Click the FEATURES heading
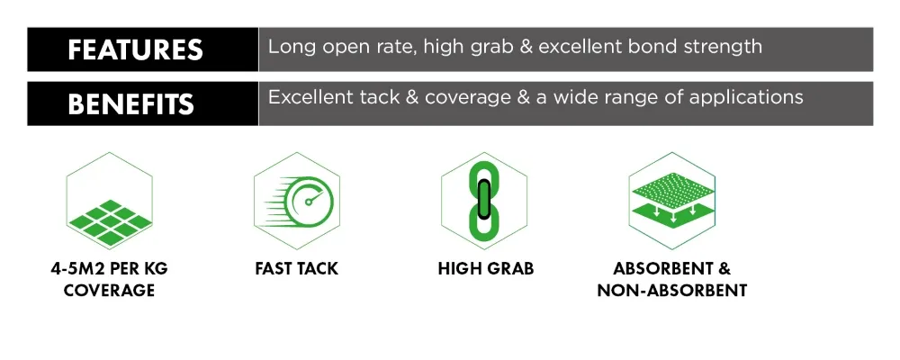coord(136,50)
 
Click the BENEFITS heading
coord(130,104)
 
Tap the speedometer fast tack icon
coord(298,201)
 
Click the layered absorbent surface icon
coord(671,201)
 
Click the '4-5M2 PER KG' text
coord(109,269)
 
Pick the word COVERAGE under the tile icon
coord(109,290)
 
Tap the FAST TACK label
coord(297,269)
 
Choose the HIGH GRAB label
coord(486,269)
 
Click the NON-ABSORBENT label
coord(672,290)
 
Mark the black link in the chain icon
coord(484,200)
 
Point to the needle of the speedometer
coord(313,198)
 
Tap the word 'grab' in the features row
coord(490,48)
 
